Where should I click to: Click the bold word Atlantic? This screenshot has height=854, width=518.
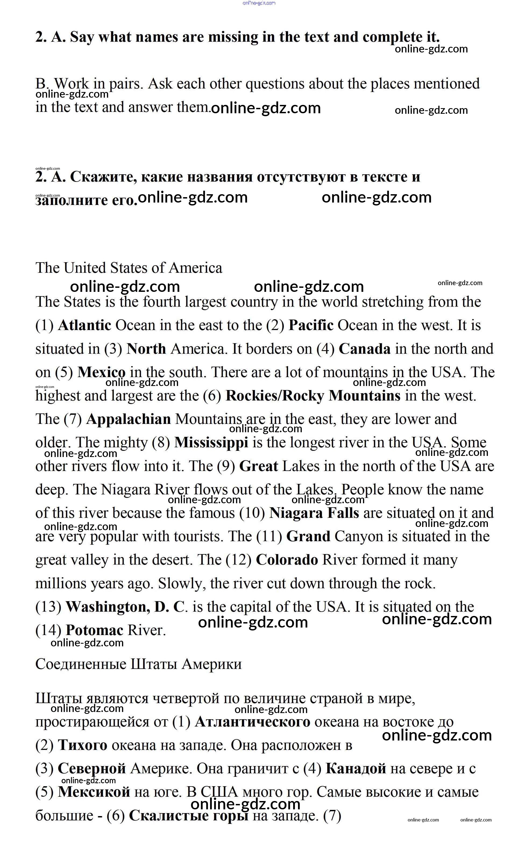click(84, 325)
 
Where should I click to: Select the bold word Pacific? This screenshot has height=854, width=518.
click(311, 325)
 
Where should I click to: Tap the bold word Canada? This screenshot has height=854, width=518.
click(364, 349)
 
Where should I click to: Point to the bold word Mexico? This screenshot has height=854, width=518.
click(101, 372)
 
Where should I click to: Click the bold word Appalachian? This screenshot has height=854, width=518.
click(129, 419)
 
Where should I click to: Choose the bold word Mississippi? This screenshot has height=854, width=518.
click(211, 442)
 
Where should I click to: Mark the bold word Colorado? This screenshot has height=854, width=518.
click(287, 560)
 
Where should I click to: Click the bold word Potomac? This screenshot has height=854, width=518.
click(94, 630)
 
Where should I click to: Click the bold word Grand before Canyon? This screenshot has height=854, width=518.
click(308, 536)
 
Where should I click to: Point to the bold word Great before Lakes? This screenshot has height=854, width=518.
click(258, 466)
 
